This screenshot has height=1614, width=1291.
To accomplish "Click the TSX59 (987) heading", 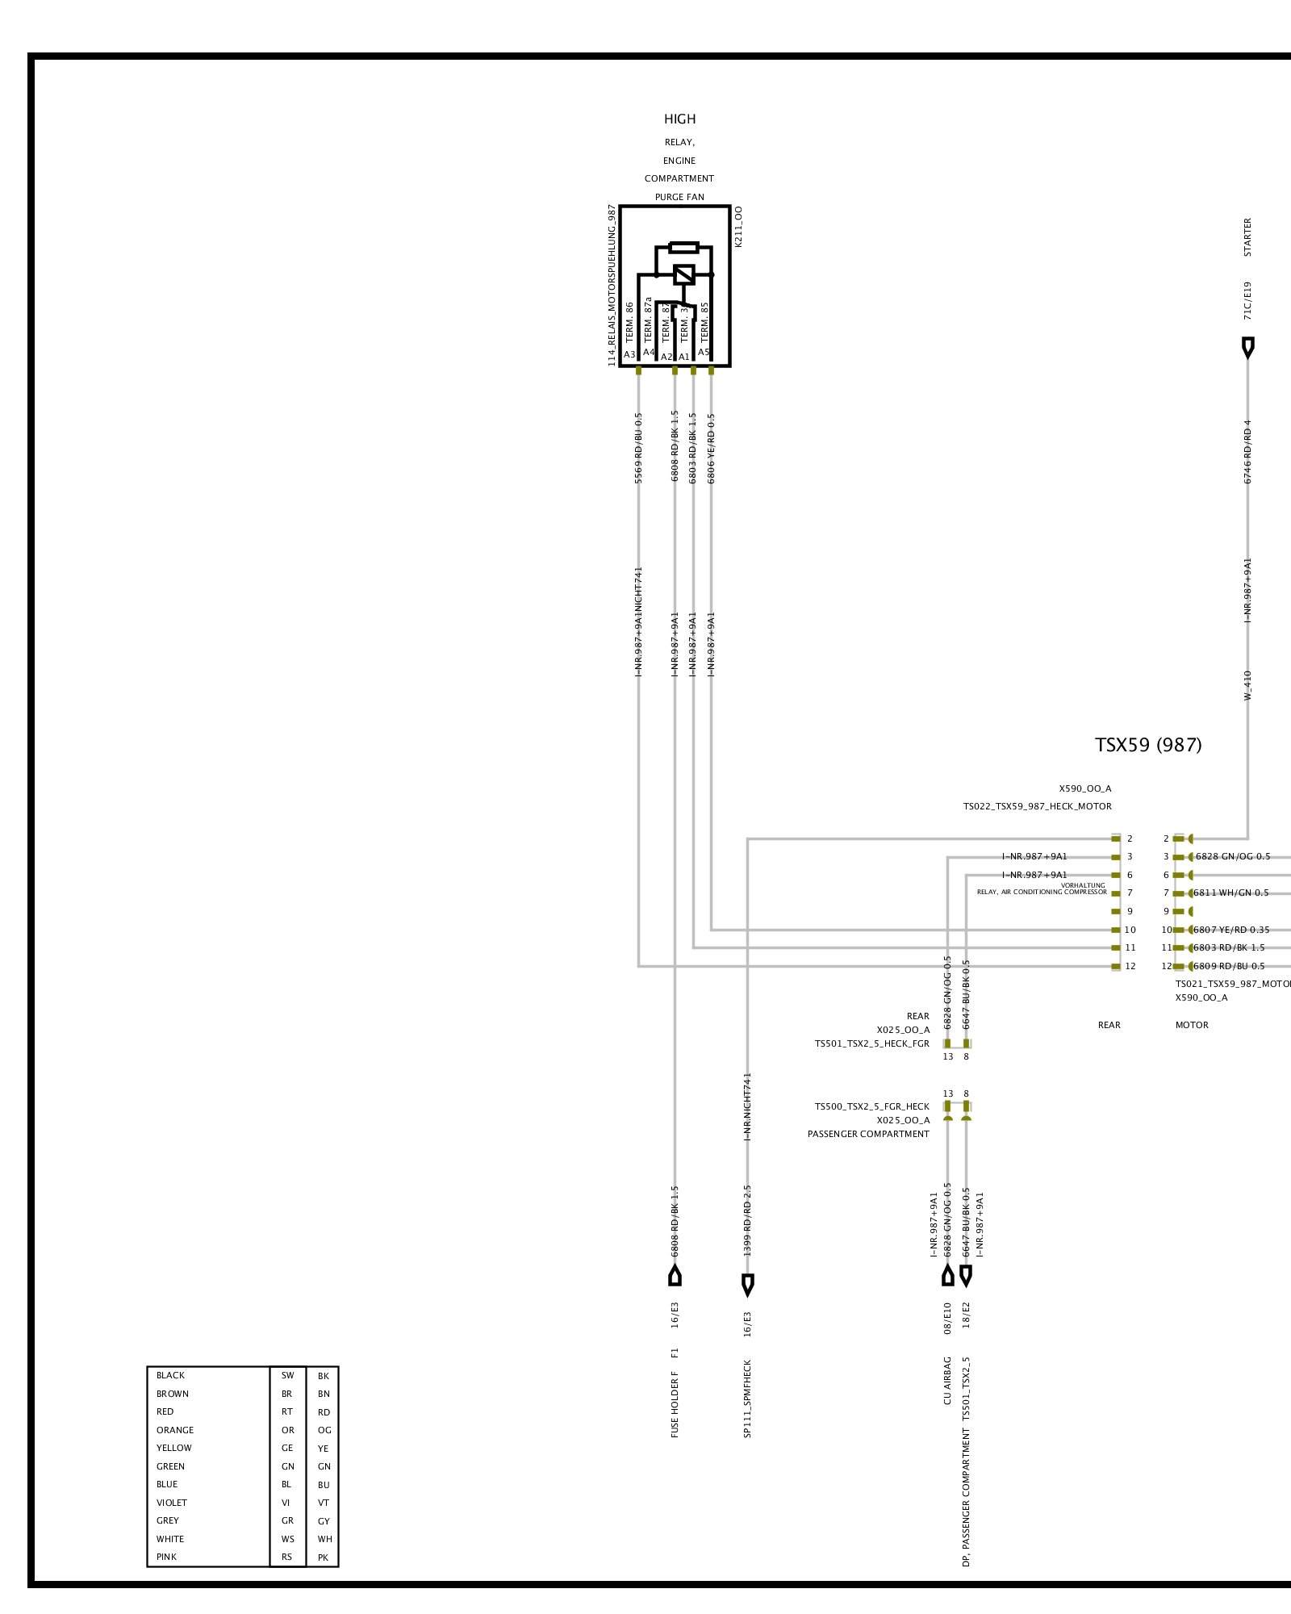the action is [x=1147, y=745].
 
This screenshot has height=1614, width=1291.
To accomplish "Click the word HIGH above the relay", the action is [x=679, y=119].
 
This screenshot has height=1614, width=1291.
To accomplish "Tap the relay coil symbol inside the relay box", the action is [x=684, y=274].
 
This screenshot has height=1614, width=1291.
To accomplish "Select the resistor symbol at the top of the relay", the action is [x=683, y=248].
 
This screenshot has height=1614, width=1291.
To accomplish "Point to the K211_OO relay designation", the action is [x=739, y=227].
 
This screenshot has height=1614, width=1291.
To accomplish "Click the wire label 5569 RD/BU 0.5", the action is [x=639, y=449].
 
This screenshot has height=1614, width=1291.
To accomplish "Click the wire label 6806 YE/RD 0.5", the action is [x=711, y=449].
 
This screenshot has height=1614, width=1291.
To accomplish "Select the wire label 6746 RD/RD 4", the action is [x=1248, y=452].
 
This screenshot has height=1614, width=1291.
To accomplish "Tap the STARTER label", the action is [x=1248, y=238].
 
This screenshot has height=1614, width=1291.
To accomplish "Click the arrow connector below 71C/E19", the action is [x=1248, y=348].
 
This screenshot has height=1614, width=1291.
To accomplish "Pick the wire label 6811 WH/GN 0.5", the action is [x=1230, y=893].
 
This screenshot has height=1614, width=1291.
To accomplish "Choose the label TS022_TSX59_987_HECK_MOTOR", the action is [x=1037, y=806].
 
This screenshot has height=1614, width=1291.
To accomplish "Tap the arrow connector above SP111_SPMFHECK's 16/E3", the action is [x=748, y=1284].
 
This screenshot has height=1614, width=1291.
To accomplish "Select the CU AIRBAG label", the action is [x=948, y=1381].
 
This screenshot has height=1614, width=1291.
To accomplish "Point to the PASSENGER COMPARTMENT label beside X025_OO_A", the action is [x=868, y=1134].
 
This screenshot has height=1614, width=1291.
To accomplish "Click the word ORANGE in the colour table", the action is [x=175, y=1430].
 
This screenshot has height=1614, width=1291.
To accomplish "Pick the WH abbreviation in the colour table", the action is [x=324, y=1539].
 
